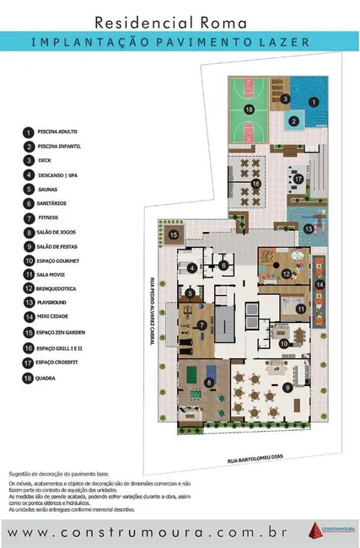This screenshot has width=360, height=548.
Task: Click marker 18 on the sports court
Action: (249, 110)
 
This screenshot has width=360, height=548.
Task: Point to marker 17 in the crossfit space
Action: (298, 178)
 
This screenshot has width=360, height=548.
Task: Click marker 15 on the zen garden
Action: (174, 234)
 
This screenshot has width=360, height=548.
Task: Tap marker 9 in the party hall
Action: (286, 387)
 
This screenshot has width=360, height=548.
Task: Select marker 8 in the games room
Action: (209, 383)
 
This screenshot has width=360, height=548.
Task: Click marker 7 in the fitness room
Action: (201, 325)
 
